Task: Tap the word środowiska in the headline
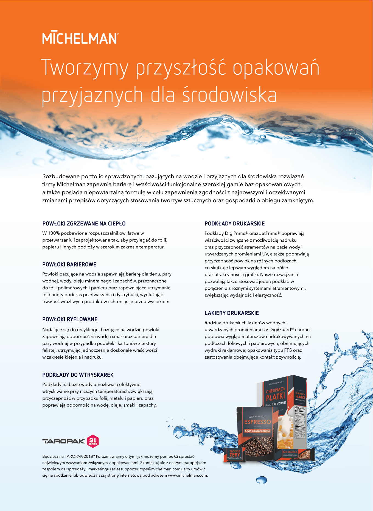229,95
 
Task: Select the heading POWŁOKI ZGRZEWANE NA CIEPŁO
84,224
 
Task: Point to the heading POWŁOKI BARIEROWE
69,264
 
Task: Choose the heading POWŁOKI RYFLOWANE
70,319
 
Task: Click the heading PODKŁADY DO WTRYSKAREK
78,375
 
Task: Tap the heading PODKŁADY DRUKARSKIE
235,224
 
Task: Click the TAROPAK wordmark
64,441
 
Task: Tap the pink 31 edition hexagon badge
93,441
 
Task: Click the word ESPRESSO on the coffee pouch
257,422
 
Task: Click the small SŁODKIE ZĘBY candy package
234,454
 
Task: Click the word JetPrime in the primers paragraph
270,233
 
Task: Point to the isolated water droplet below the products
261,480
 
